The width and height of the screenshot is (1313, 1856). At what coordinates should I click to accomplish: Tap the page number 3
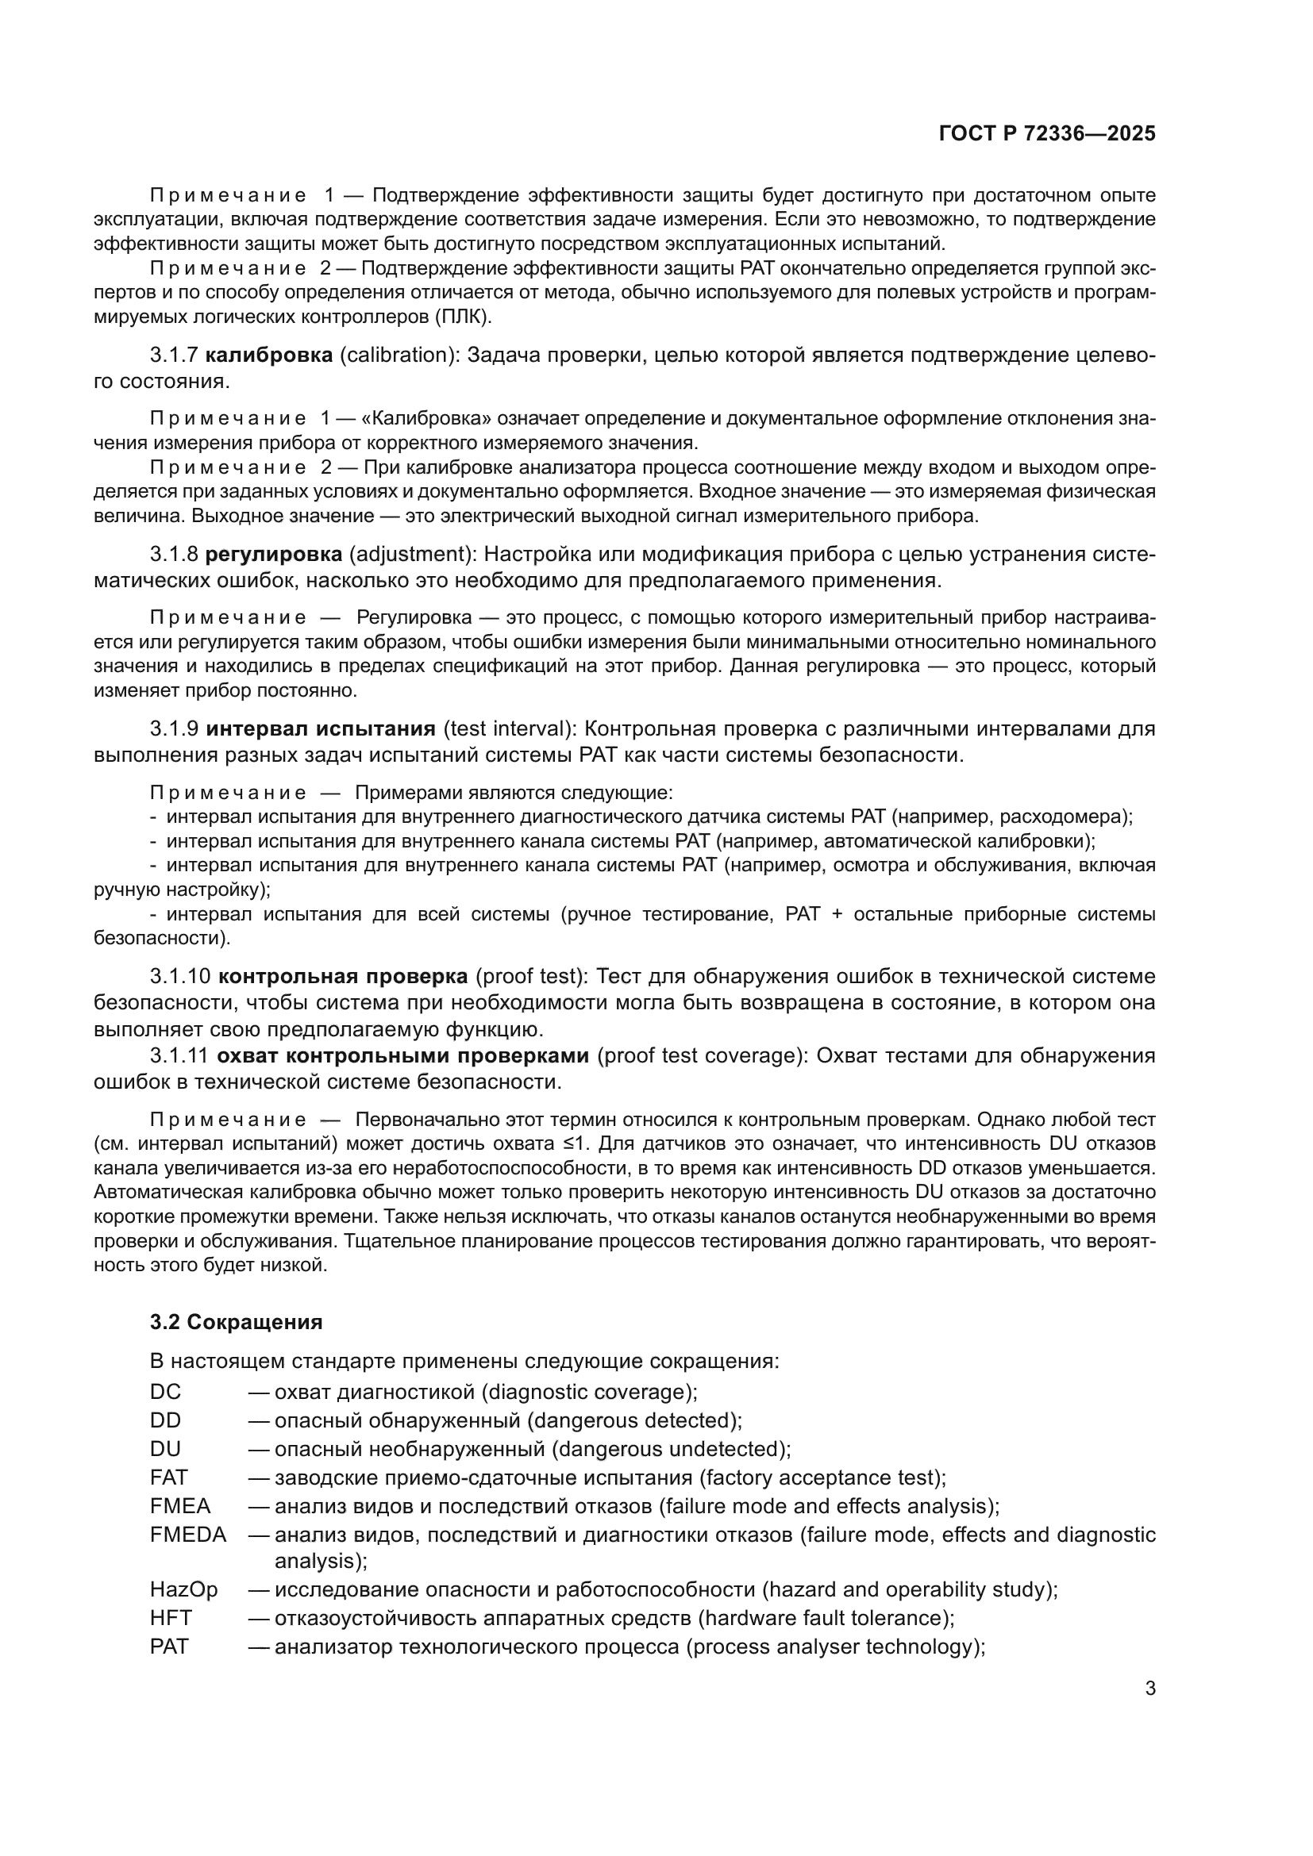click(1149, 1689)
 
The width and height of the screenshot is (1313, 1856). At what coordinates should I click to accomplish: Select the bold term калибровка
click(268, 355)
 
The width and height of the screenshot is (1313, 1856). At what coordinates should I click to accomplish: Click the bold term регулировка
click(273, 555)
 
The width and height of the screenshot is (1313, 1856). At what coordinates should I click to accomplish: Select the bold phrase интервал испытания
click(320, 729)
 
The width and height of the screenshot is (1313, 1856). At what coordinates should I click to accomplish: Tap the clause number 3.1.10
click(179, 977)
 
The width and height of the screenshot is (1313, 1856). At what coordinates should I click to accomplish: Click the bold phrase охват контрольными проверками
click(403, 1055)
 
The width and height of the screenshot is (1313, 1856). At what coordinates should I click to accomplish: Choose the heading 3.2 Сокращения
click(236, 1322)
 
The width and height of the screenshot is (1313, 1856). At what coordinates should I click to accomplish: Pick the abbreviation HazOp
click(183, 1589)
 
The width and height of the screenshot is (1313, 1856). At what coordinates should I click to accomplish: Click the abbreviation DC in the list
click(165, 1392)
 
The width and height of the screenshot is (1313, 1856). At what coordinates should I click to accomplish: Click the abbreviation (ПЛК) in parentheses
click(463, 317)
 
